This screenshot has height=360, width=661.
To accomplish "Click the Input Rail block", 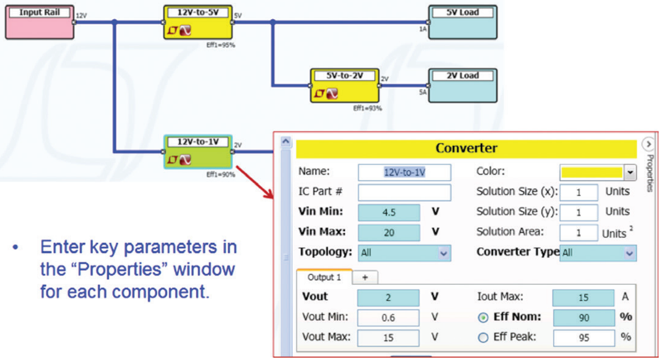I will click(x=39, y=22).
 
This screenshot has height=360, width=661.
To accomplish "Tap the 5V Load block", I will click(x=462, y=22).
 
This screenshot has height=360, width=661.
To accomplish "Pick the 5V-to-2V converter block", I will click(x=344, y=85).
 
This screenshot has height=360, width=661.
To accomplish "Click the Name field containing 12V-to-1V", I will click(x=404, y=172).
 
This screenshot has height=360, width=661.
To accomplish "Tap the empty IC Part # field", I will click(x=404, y=192).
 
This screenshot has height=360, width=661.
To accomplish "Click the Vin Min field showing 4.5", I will click(x=389, y=212).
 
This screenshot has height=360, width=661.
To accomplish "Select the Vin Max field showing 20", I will click(x=389, y=232).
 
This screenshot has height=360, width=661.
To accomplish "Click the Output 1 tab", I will click(x=324, y=278).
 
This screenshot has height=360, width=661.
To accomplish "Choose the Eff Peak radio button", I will click(x=483, y=338).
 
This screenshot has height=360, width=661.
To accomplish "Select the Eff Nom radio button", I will click(x=483, y=317).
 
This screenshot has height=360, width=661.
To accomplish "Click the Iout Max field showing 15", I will click(x=584, y=298).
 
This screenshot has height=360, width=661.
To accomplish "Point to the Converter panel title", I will click(x=466, y=148).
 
